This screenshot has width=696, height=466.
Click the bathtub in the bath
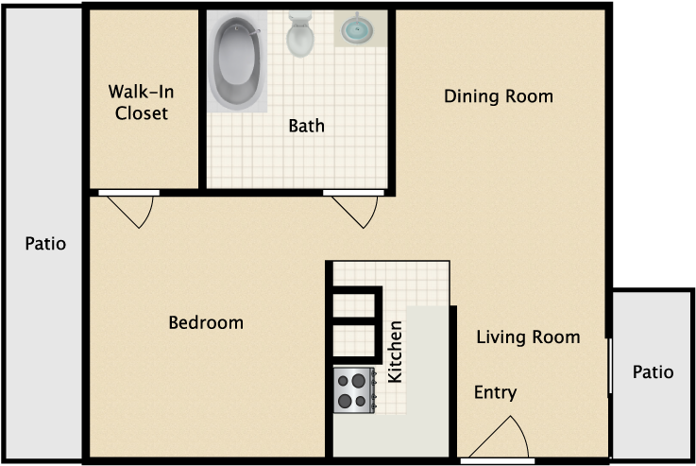[x=237, y=61]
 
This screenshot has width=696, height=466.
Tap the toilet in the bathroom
[x=300, y=34]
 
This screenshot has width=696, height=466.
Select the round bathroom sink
[x=357, y=29]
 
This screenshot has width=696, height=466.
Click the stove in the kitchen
[x=355, y=390]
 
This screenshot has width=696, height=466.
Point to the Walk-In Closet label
[x=141, y=102]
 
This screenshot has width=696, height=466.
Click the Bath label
[x=306, y=126]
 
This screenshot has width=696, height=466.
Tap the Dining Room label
[x=499, y=96]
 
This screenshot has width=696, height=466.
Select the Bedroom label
[x=206, y=322]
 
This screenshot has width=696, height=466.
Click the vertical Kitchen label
[x=395, y=352]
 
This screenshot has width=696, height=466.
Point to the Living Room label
[x=528, y=337]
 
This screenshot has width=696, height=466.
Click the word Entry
[x=495, y=392]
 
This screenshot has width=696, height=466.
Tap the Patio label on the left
[x=45, y=244]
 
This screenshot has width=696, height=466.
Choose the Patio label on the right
[x=653, y=371]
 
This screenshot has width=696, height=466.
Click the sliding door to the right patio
[x=610, y=366]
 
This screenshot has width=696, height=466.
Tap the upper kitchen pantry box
[x=355, y=304]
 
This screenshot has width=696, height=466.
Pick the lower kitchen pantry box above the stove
[x=355, y=342]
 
